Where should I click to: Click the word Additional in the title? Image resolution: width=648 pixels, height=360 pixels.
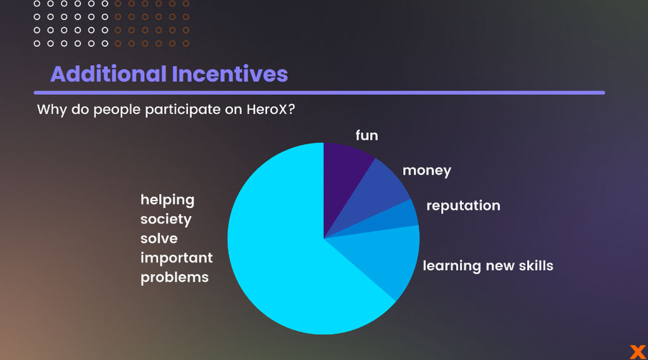point(108,74)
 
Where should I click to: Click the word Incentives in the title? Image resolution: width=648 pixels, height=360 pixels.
point(230,74)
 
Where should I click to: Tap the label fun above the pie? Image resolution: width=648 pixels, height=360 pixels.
point(366,135)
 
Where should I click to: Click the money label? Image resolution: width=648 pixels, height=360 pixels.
point(427,171)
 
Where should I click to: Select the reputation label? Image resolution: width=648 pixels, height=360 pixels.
point(463,206)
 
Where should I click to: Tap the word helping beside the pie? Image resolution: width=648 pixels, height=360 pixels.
point(167,200)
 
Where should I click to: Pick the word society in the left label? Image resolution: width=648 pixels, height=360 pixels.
point(166,219)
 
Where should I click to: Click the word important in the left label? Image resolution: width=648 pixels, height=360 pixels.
point(177,258)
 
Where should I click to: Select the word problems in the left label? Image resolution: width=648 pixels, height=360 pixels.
point(175,277)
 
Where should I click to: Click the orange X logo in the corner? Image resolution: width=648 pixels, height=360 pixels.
point(638,352)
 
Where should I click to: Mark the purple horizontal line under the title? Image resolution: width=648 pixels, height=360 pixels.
point(320,92)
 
